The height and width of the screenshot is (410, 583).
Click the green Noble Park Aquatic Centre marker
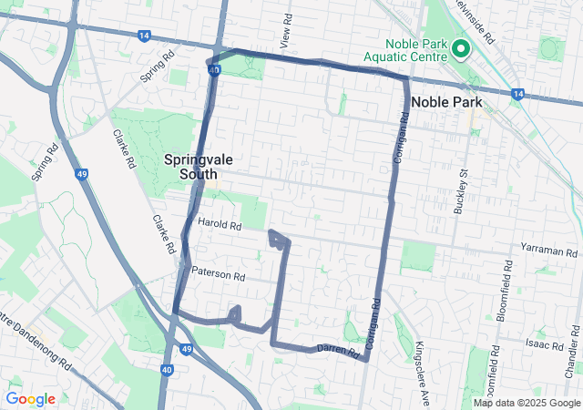tap(460, 48)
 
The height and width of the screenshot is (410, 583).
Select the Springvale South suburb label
tap(198, 166)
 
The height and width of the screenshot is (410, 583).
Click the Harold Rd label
tap(219, 225)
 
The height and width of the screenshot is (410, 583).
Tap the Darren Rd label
tap(338, 349)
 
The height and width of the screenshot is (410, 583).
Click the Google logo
tap(30, 399)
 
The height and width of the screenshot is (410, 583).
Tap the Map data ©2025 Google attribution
tap(527, 403)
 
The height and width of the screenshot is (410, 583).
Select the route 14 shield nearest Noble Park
tap(517, 93)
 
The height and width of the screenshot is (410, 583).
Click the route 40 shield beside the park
tap(213, 69)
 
